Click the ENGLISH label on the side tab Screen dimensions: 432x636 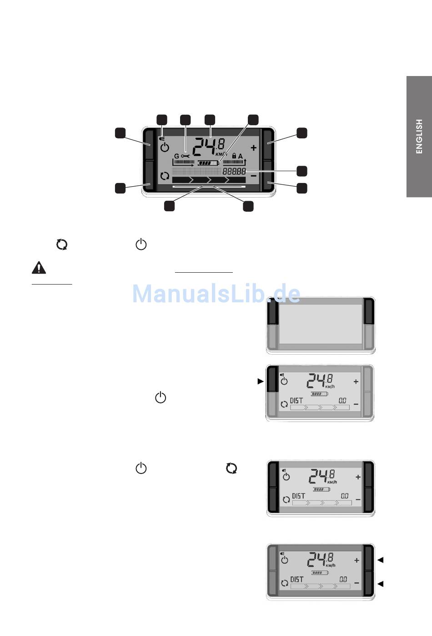click(419, 136)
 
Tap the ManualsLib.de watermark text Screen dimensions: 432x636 click(216, 294)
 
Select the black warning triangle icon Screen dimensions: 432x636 click(39, 268)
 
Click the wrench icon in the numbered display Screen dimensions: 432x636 click(185, 156)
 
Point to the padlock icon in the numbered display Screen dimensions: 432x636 click(234, 156)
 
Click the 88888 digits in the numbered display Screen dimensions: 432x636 click(234, 171)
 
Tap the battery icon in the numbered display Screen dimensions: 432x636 click(208, 163)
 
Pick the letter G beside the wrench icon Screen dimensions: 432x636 click(176, 156)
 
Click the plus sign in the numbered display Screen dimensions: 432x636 click(254, 148)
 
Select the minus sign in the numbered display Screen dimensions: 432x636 click(254, 176)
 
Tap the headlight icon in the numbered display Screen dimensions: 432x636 click(162, 139)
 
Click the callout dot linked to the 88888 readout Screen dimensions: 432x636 click(302, 171)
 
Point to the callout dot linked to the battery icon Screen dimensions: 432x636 click(253, 120)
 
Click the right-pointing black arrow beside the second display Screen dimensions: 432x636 click(261, 382)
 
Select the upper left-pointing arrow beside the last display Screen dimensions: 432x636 click(380, 560)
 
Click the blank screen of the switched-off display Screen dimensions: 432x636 click(321, 324)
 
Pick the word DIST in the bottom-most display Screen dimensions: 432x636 click(296, 580)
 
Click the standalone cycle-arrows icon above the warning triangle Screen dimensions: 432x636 click(61, 244)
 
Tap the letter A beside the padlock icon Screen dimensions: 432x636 click(240, 156)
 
